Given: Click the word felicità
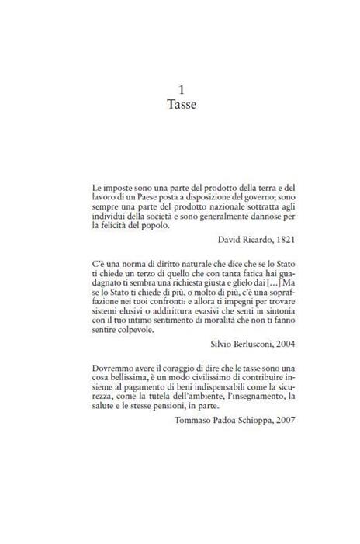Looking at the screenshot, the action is [116, 226].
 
